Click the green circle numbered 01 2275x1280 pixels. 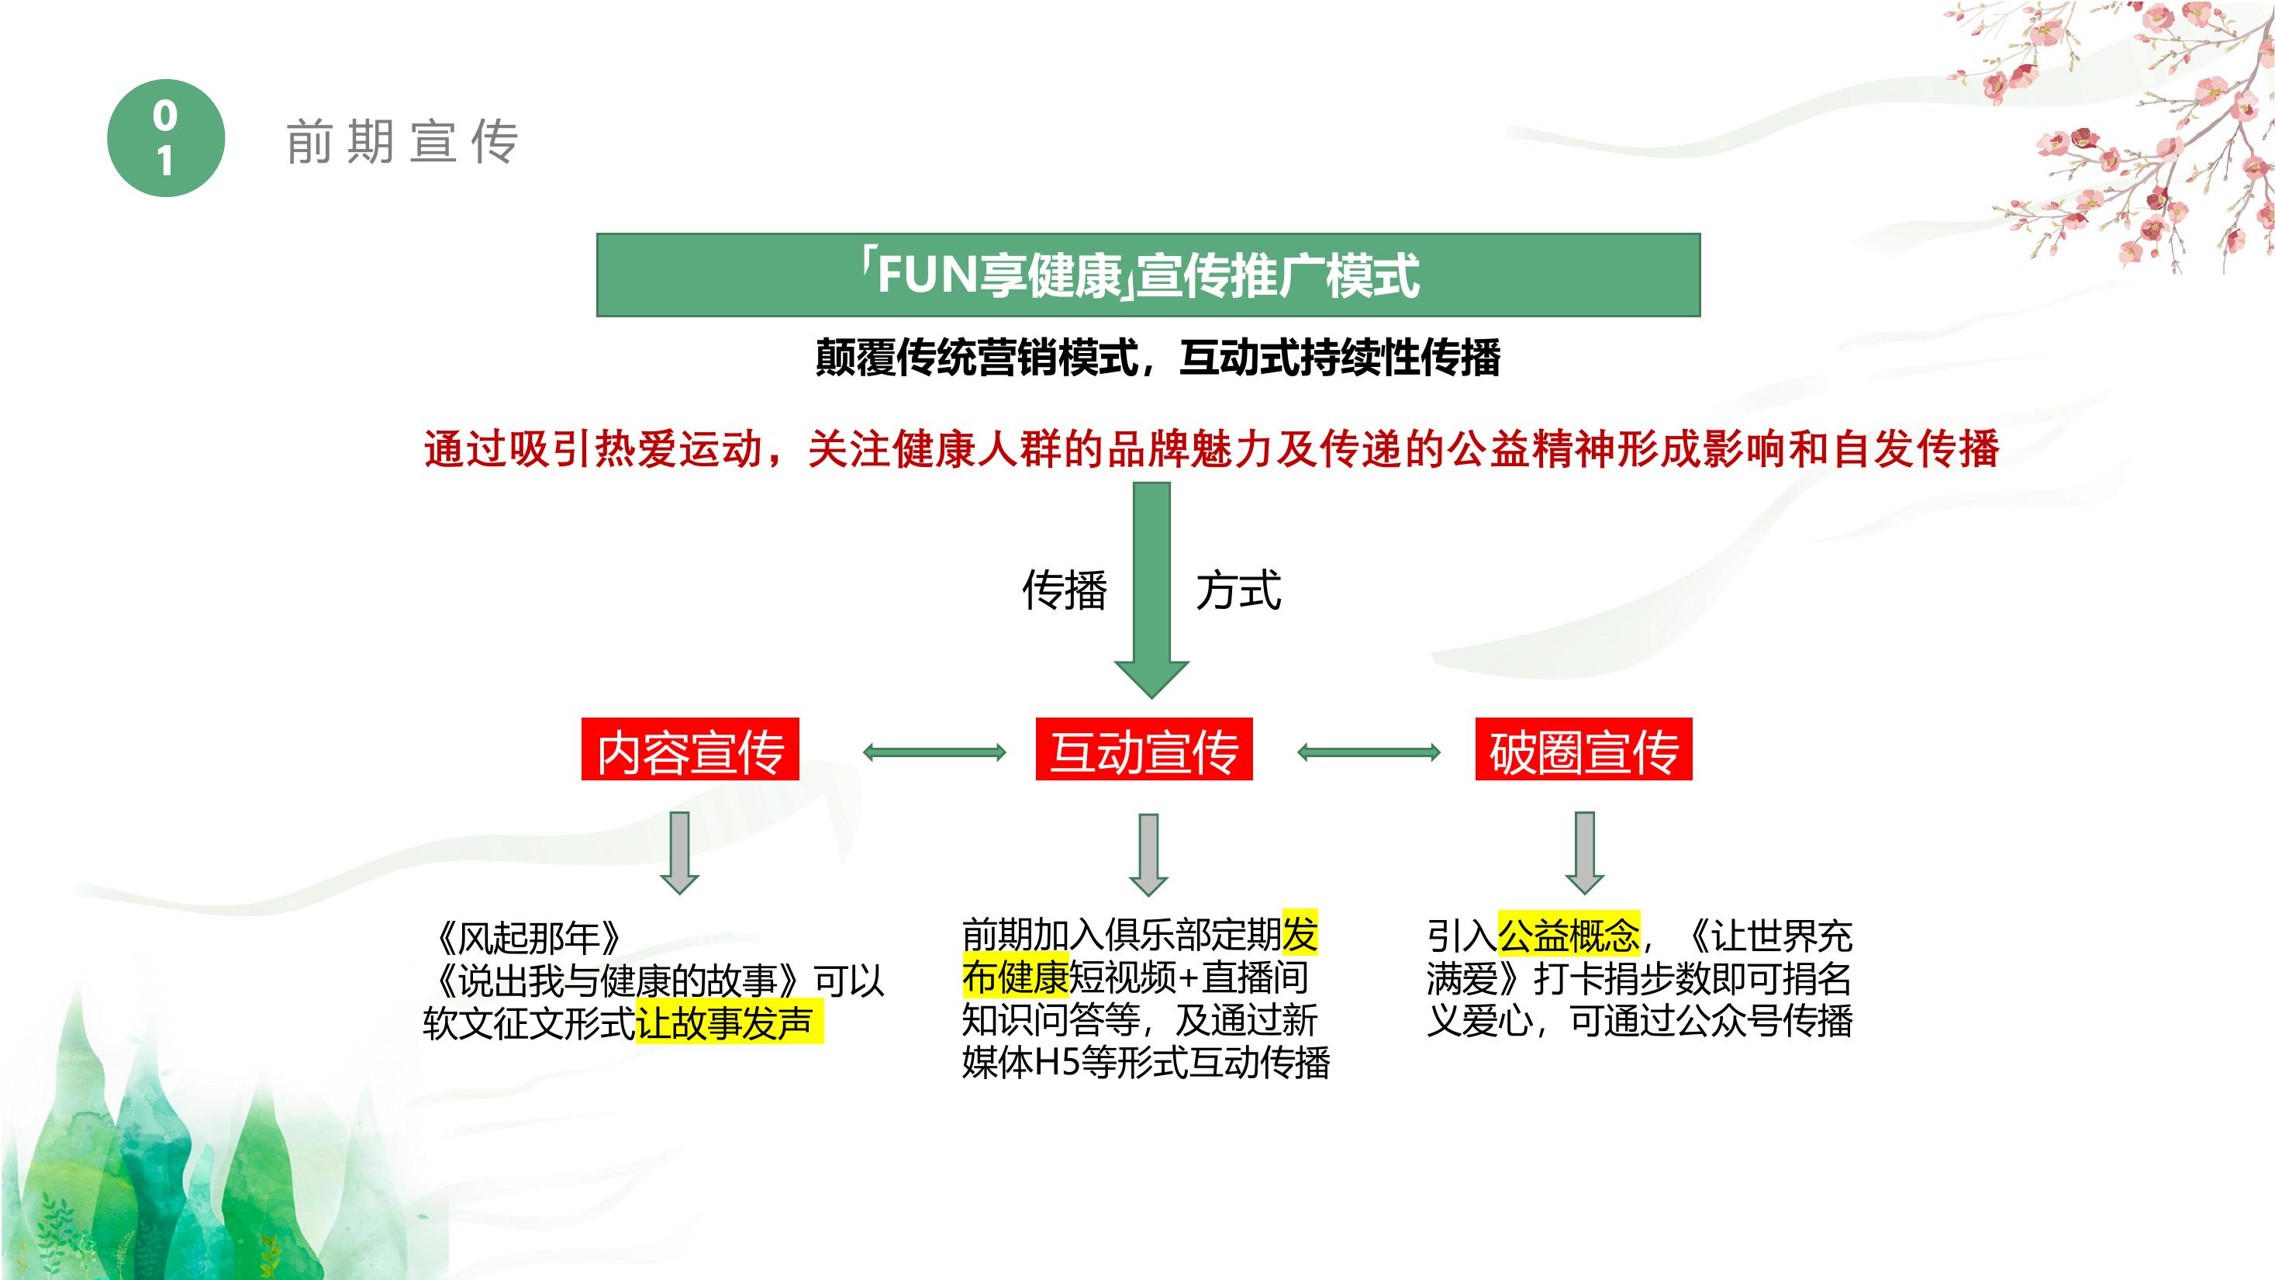[166, 138]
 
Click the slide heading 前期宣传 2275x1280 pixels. [402, 142]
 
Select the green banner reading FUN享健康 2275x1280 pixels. [1148, 275]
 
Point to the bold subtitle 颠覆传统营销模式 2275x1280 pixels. [977, 358]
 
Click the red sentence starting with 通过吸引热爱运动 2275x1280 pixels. [1212, 448]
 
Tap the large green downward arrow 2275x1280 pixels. [1151, 590]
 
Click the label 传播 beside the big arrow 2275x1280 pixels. [1064, 590]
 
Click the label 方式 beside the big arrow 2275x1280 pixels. [1238, 590]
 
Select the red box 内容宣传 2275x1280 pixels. [690, 749]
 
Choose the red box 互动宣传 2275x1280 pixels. [1144, 749]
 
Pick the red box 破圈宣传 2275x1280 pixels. [1583, 749]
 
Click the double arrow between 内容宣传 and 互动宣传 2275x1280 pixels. [934, 752]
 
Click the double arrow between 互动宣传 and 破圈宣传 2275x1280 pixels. [1369, 752]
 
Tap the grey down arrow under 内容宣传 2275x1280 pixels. [679, 853]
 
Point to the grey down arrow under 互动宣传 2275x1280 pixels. [1148, 855]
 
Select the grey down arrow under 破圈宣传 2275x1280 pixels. [1584, 853]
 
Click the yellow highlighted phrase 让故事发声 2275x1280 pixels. [728, 1022]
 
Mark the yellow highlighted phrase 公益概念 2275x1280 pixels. [1569, 935]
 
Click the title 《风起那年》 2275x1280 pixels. [529, 937]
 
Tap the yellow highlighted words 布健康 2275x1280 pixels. [1015, 977]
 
